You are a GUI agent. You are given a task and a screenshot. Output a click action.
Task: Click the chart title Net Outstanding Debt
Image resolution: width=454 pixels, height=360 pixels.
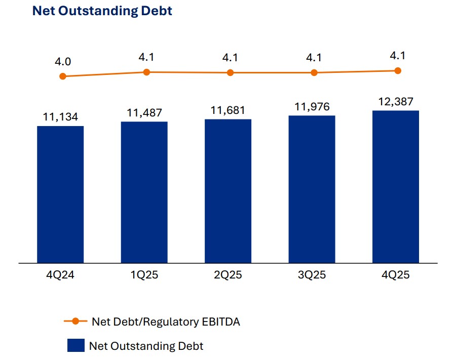coord(102,11)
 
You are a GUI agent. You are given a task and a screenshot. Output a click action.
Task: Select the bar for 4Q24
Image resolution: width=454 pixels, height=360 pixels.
coord(60,194)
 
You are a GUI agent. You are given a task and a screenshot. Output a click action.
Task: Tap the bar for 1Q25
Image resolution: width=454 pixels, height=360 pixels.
coord(144,192)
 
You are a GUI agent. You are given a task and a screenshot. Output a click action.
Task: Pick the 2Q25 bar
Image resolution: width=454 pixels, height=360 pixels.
coord(228,191)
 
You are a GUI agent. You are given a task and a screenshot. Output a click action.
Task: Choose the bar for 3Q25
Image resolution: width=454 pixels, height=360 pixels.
coord(312,189)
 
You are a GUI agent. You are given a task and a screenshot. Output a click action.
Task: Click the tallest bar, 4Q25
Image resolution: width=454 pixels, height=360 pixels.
coord(396,187)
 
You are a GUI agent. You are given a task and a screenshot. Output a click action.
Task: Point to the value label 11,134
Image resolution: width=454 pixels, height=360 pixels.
coord(60,117)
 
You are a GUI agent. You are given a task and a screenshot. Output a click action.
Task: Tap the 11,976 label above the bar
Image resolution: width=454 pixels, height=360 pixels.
coord(312,107)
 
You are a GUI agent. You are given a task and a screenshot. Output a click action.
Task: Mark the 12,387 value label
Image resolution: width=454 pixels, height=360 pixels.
coord(396,102)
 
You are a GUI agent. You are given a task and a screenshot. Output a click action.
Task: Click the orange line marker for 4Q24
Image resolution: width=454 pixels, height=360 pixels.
coord(63,76)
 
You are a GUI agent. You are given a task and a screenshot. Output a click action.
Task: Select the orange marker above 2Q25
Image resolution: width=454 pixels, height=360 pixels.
coord(230,72)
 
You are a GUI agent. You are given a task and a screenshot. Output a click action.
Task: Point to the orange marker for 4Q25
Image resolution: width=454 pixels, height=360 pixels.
coord(398,70)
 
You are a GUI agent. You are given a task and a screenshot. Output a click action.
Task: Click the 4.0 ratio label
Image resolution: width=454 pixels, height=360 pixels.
coord(63,62)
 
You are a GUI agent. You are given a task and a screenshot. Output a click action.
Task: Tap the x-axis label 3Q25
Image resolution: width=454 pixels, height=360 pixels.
coord(312,276)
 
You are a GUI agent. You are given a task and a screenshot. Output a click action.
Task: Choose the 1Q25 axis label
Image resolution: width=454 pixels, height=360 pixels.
coord(144,276)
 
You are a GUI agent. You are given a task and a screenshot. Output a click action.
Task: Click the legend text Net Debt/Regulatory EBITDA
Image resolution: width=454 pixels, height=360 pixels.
coord(166,322)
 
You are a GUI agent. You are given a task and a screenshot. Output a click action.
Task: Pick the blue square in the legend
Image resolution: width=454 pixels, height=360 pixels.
coord(75,346)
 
